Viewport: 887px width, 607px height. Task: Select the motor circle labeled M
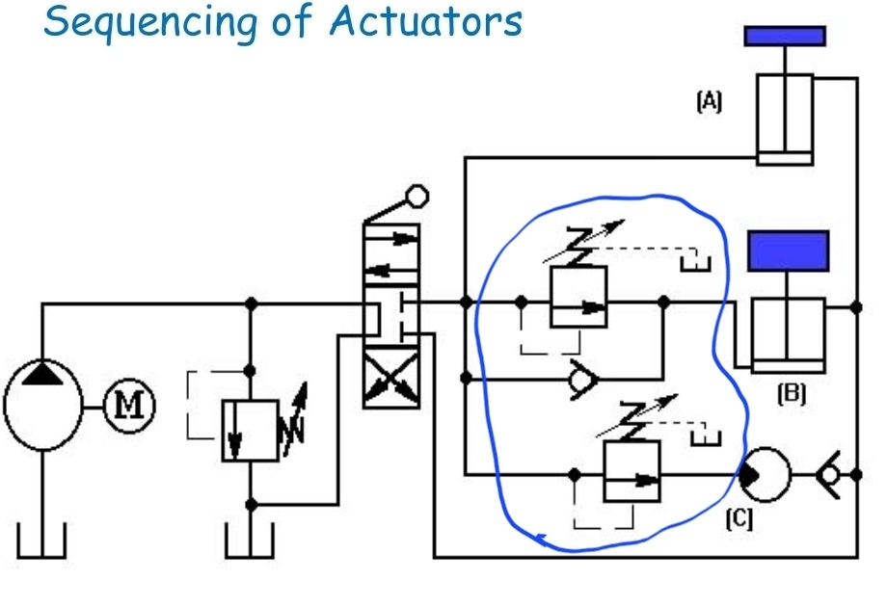pos(129,402)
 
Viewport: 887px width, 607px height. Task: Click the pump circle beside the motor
pos(41,403)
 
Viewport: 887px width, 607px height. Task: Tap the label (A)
pos(709,101)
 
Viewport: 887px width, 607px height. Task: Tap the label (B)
pos(792,392)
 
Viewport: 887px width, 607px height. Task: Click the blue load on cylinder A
pos(785,36)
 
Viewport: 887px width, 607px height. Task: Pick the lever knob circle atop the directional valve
pos(417,197)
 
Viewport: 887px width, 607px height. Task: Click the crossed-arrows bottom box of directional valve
pos(391,379)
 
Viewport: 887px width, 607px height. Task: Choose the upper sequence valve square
pos(578,298)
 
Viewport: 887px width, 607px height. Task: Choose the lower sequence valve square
pos(632,471)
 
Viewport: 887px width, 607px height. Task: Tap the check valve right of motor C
pos(827,473)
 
